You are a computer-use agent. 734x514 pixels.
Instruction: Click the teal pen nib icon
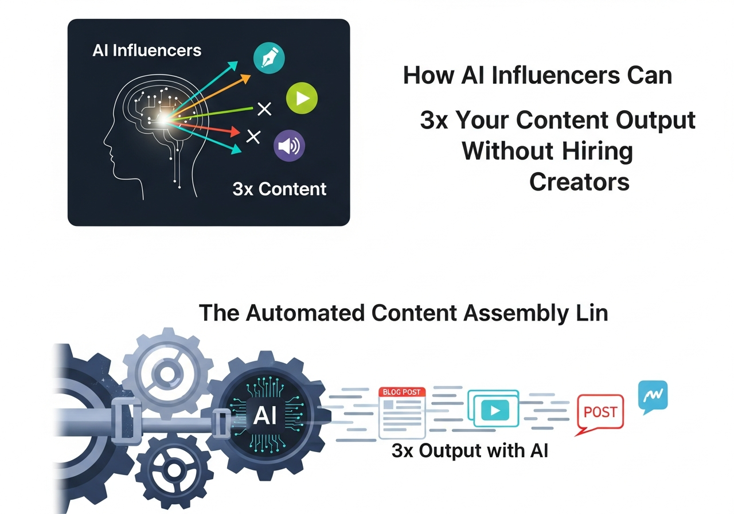pyautogui.click(x=269, y=58)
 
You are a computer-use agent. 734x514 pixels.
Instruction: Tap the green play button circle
pyautogui.click(x=302, y=98)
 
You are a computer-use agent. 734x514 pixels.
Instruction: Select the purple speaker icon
pyautogui.click(x=289, y=146)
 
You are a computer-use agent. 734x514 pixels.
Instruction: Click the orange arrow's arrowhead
pyautogui.click(x=245, y=79)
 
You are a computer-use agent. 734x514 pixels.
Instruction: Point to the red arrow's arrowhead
pyautogui.click(x=235, y=131)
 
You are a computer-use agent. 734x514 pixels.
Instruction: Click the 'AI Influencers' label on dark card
pyautogui.click(x=147, y=50)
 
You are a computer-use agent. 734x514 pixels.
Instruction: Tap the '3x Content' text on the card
pyautogui.click(x=279, y=189)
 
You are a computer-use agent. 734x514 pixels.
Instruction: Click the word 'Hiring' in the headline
pyautogui.click(x=597, y=152)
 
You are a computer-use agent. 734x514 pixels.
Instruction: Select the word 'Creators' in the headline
pyautogui.click(x=579, y=182)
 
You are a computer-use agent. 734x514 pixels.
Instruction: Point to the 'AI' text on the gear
pyautogui.click(x=265, y=416)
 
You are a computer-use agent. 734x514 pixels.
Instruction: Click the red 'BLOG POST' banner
pyautogui.click(x=402, y=392)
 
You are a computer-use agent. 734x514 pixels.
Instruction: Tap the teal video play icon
pyautogui.click(x=495, y=410)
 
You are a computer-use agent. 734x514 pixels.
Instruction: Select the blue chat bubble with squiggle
pyautogui.click(x=653, y=396)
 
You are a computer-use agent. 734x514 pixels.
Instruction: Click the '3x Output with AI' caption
pyautogui.click(x=470, y=451)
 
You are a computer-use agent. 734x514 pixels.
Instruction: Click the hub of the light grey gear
pyautogui.click(x=167, y=373)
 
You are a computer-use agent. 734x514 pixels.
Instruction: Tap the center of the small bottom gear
pyautogui.click(x=174, y=470)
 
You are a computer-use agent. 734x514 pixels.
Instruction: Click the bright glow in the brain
pyautogui.click(x=163, y=120)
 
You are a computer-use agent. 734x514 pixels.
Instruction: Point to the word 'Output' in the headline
pyautogui.click(x=655, y=120)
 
